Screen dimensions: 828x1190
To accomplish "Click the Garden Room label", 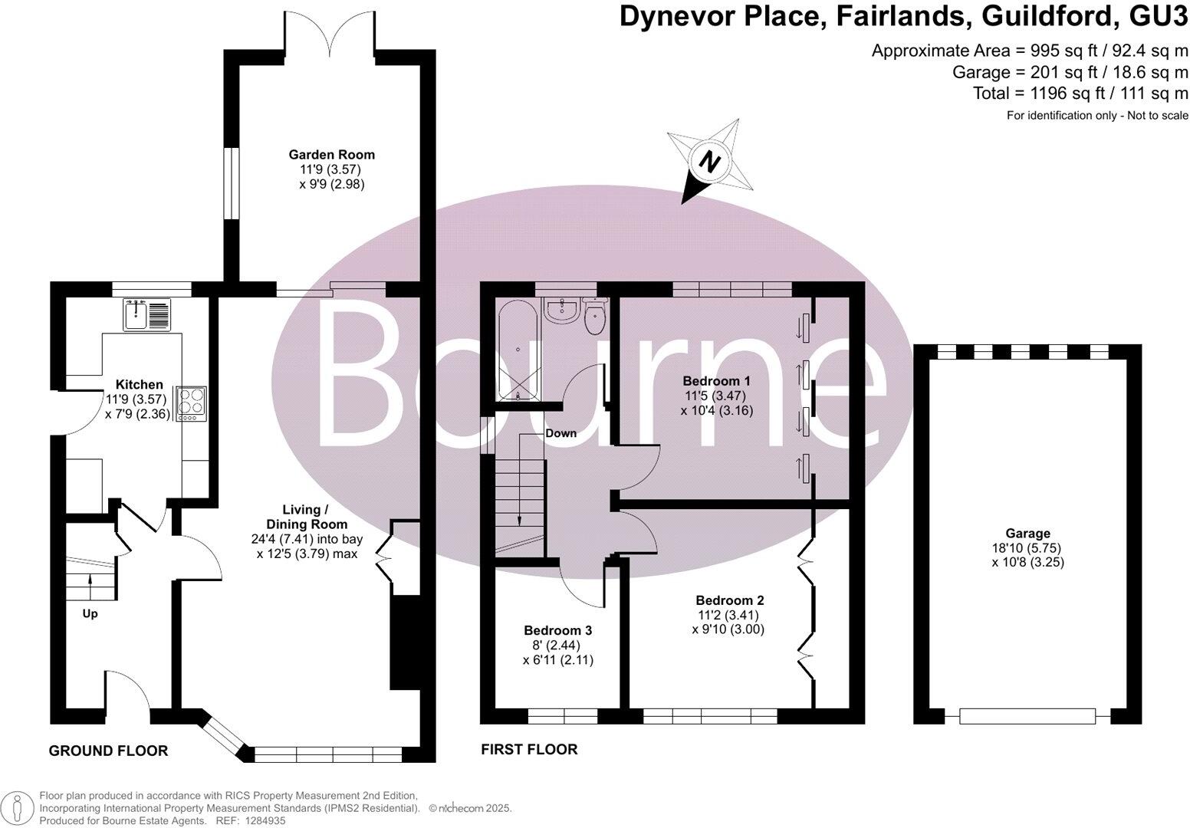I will [331, 154].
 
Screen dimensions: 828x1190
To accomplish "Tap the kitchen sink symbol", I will [145, 314].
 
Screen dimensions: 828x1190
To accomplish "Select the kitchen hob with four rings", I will [191, 403].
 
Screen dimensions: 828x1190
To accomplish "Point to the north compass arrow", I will [710, 163].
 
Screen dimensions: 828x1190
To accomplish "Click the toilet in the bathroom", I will [593, 317].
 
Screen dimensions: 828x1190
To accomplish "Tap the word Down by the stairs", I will [560, 433].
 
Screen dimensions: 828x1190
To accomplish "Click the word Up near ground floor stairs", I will [90, 613].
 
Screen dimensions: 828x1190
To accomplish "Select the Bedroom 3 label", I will [557, 630].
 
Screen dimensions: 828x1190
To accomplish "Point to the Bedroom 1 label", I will [716, 381].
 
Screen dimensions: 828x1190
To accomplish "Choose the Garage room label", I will [1027, 534].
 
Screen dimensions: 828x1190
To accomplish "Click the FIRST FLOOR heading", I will [529, 749].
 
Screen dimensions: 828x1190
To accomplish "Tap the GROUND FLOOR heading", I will [108, 751].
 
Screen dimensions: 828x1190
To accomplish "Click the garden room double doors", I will [330, 38].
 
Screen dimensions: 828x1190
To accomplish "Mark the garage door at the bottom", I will [1027, 715].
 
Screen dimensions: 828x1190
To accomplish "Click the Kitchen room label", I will [139, 384].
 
